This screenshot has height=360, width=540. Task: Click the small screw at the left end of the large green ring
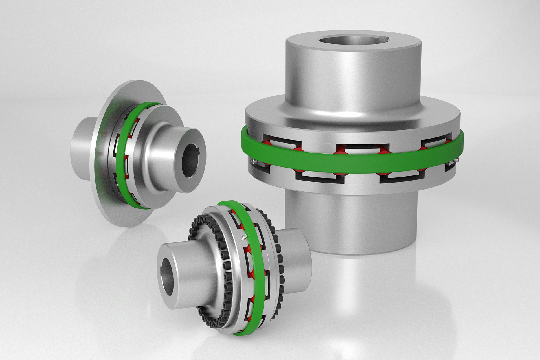click(x=253, y=161)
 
